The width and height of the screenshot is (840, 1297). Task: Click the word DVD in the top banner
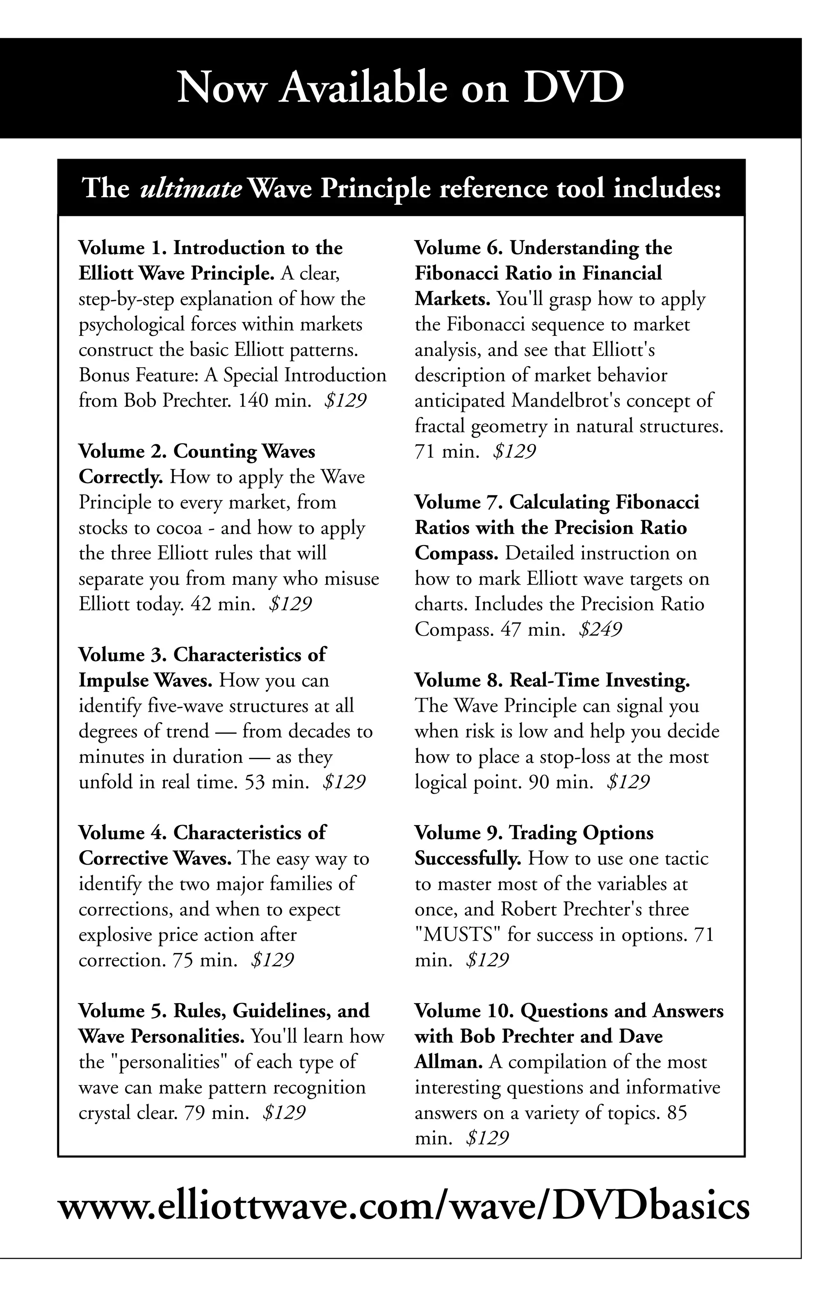[573, 88]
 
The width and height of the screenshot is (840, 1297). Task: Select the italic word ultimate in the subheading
[191, 189]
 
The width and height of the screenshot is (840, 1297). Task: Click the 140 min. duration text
[275, 401]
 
